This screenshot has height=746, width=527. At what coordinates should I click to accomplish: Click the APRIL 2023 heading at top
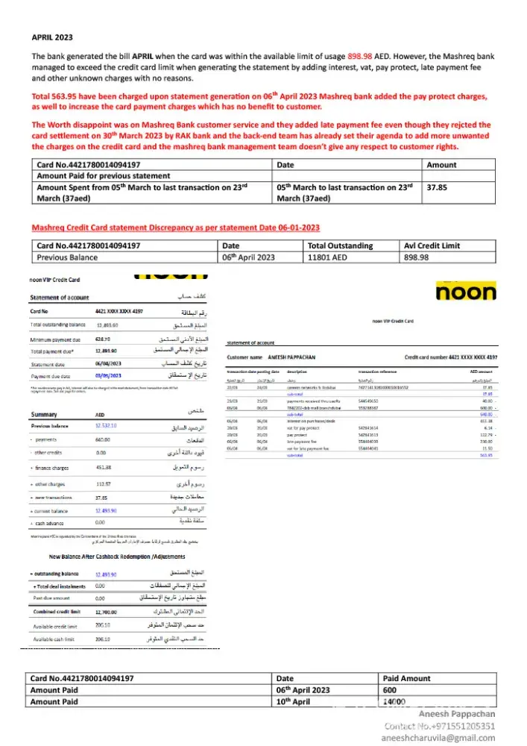pos(52,36)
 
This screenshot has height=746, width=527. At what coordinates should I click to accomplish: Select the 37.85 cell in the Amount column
pos(436,188)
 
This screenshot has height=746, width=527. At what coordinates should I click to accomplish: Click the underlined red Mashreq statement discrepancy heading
pos(175,227)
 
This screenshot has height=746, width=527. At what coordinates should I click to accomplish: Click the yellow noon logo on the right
pos(466,291)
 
